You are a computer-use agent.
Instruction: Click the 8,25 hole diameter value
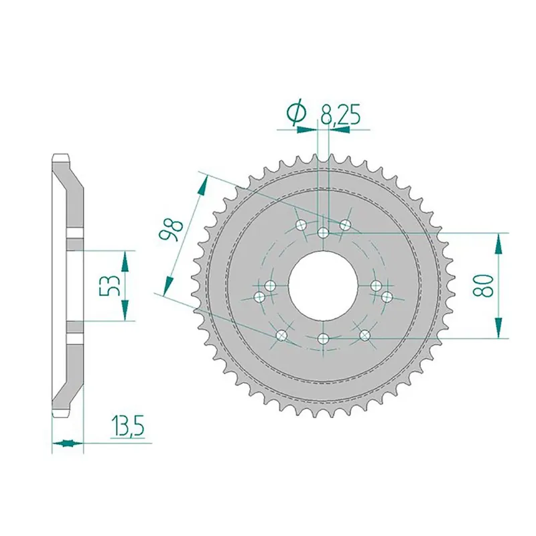pyautogui.click(x=340, y=115)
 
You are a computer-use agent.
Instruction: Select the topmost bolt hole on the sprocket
pyautogui.click(x=323, y=232)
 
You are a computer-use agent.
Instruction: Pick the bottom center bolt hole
pyautogui.click(x=323, y=339)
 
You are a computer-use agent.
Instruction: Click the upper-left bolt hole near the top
pyautogui.click(x=301, y=224)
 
